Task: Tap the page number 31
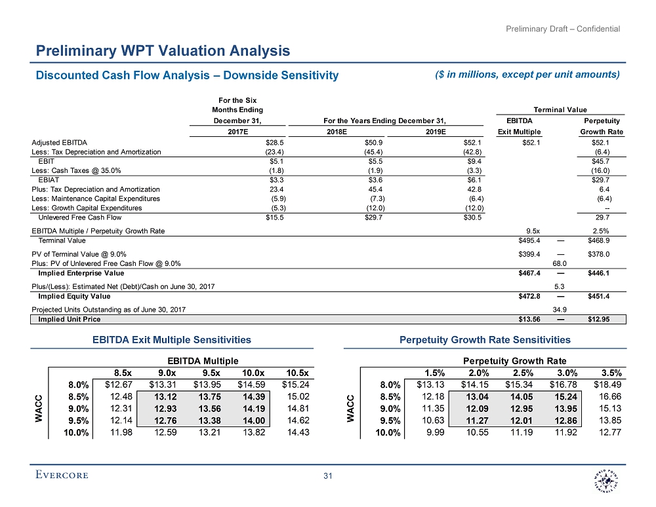coord(327,476)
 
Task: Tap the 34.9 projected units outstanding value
coord(561,309)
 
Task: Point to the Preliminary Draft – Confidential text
coord(564,29)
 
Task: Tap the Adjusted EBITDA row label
coord(60,141)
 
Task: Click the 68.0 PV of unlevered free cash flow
coord(561,263)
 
